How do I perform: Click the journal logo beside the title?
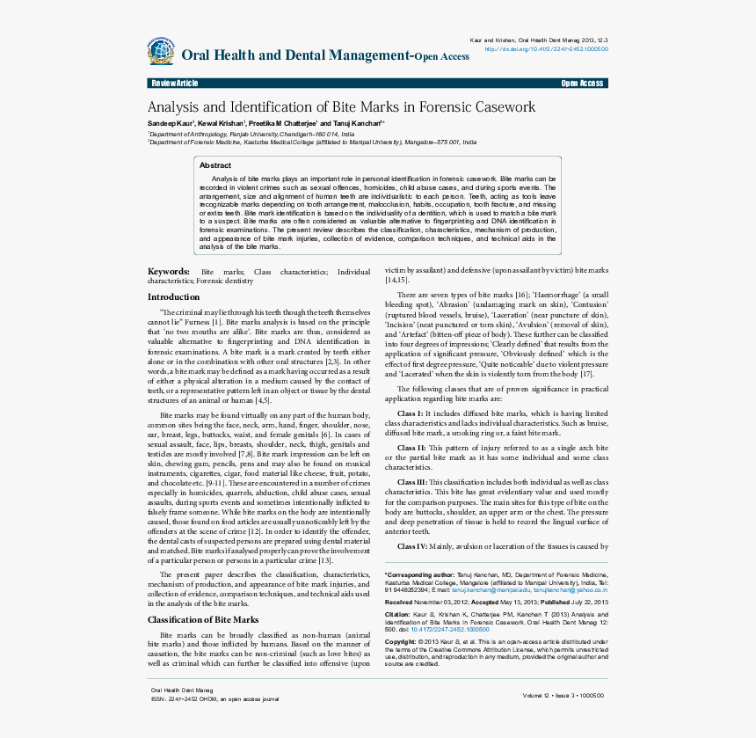tap(161, 51)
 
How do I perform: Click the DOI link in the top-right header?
tap(546, 49)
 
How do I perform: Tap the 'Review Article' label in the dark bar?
tap(175, 84)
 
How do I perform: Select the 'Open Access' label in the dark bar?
tap(582, 84)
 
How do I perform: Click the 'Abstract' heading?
tap(215, 165)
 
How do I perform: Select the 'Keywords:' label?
tap(169, 272)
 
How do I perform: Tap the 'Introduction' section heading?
tap(174, 297)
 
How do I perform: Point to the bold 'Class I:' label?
tap(411, 413)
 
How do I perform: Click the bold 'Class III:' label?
tap(412, 483)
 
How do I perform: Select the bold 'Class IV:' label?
tap(412, 546)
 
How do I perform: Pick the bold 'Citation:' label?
tap(397, 614)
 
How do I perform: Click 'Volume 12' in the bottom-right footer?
tap(537, 695)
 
